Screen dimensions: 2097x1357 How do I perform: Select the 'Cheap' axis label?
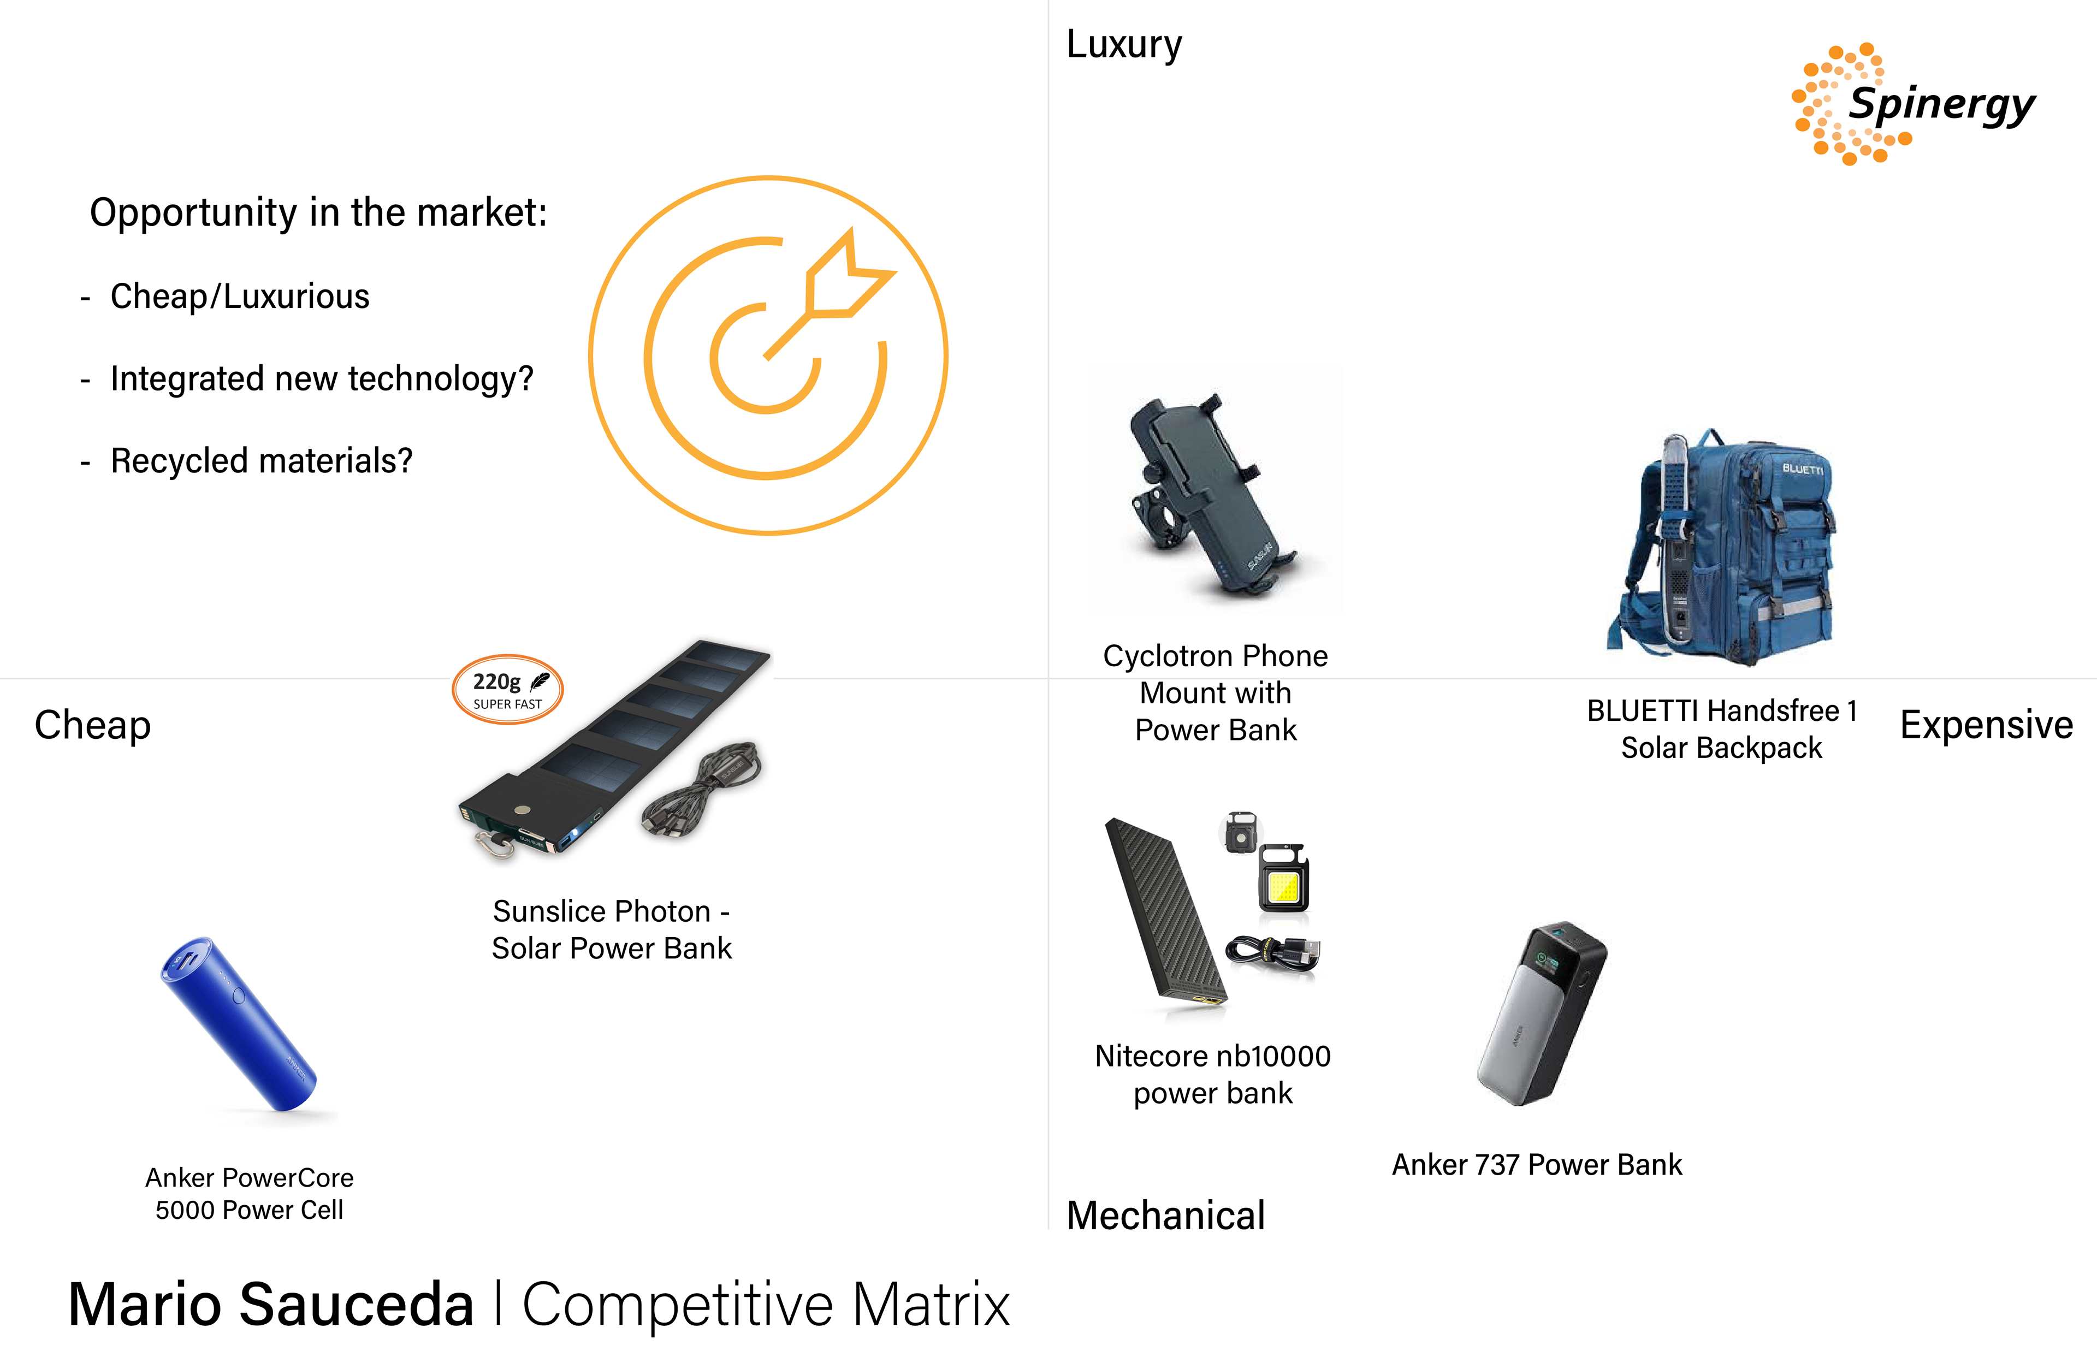(x=92, y=725)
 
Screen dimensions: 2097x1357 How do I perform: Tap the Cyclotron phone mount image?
(x=1211, y=494)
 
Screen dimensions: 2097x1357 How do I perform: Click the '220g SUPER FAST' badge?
(x=507, y=690)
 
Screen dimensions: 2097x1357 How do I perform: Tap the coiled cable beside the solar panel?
(x=705, y=789)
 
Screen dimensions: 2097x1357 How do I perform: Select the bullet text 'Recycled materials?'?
(x=261, y=461)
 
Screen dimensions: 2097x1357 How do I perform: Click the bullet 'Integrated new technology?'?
(x=322, y=379)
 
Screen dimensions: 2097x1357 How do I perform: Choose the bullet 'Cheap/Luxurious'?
(x=240, y=297)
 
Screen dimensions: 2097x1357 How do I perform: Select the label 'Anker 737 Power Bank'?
(x=1537, y=1165)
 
